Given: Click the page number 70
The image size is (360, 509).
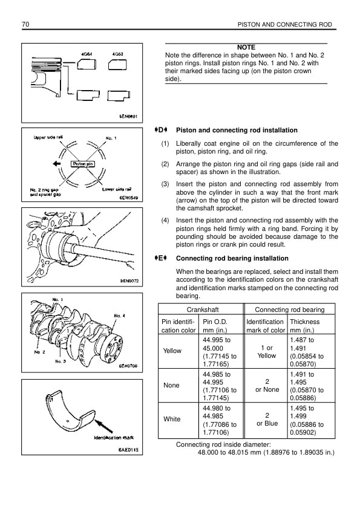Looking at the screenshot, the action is [25, 24].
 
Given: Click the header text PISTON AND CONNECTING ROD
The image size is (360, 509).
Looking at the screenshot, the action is [284, 25].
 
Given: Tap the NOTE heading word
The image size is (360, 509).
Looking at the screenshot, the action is [246, 47].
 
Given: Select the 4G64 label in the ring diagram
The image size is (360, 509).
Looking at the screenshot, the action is [87, 54].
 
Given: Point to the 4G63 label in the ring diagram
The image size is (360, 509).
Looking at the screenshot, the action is [117, 54].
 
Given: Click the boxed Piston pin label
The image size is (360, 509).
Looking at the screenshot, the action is [83, 164].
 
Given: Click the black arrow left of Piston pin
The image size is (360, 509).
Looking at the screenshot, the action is [57, 164].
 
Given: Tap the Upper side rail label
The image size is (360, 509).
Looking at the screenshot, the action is [48, 137].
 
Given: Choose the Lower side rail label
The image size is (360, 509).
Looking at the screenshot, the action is [117, 189].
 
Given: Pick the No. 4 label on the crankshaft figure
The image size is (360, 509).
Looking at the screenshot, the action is [120, 316].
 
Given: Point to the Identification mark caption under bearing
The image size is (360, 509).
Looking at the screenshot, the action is [114, 438].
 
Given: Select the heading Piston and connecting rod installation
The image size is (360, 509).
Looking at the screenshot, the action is [237, 130].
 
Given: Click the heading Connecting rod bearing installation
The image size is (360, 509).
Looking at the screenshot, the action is [232, 258].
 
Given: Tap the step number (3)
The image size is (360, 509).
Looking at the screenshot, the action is [165, 184].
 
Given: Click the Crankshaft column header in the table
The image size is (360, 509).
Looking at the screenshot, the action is [203, 310].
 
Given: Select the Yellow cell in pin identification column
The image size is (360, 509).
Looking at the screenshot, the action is [172, 351].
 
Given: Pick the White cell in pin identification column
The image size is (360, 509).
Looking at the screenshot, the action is [172, 419].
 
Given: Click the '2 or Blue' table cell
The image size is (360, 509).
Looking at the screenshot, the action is [267, 420].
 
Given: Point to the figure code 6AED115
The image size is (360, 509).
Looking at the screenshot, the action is [128, 450].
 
